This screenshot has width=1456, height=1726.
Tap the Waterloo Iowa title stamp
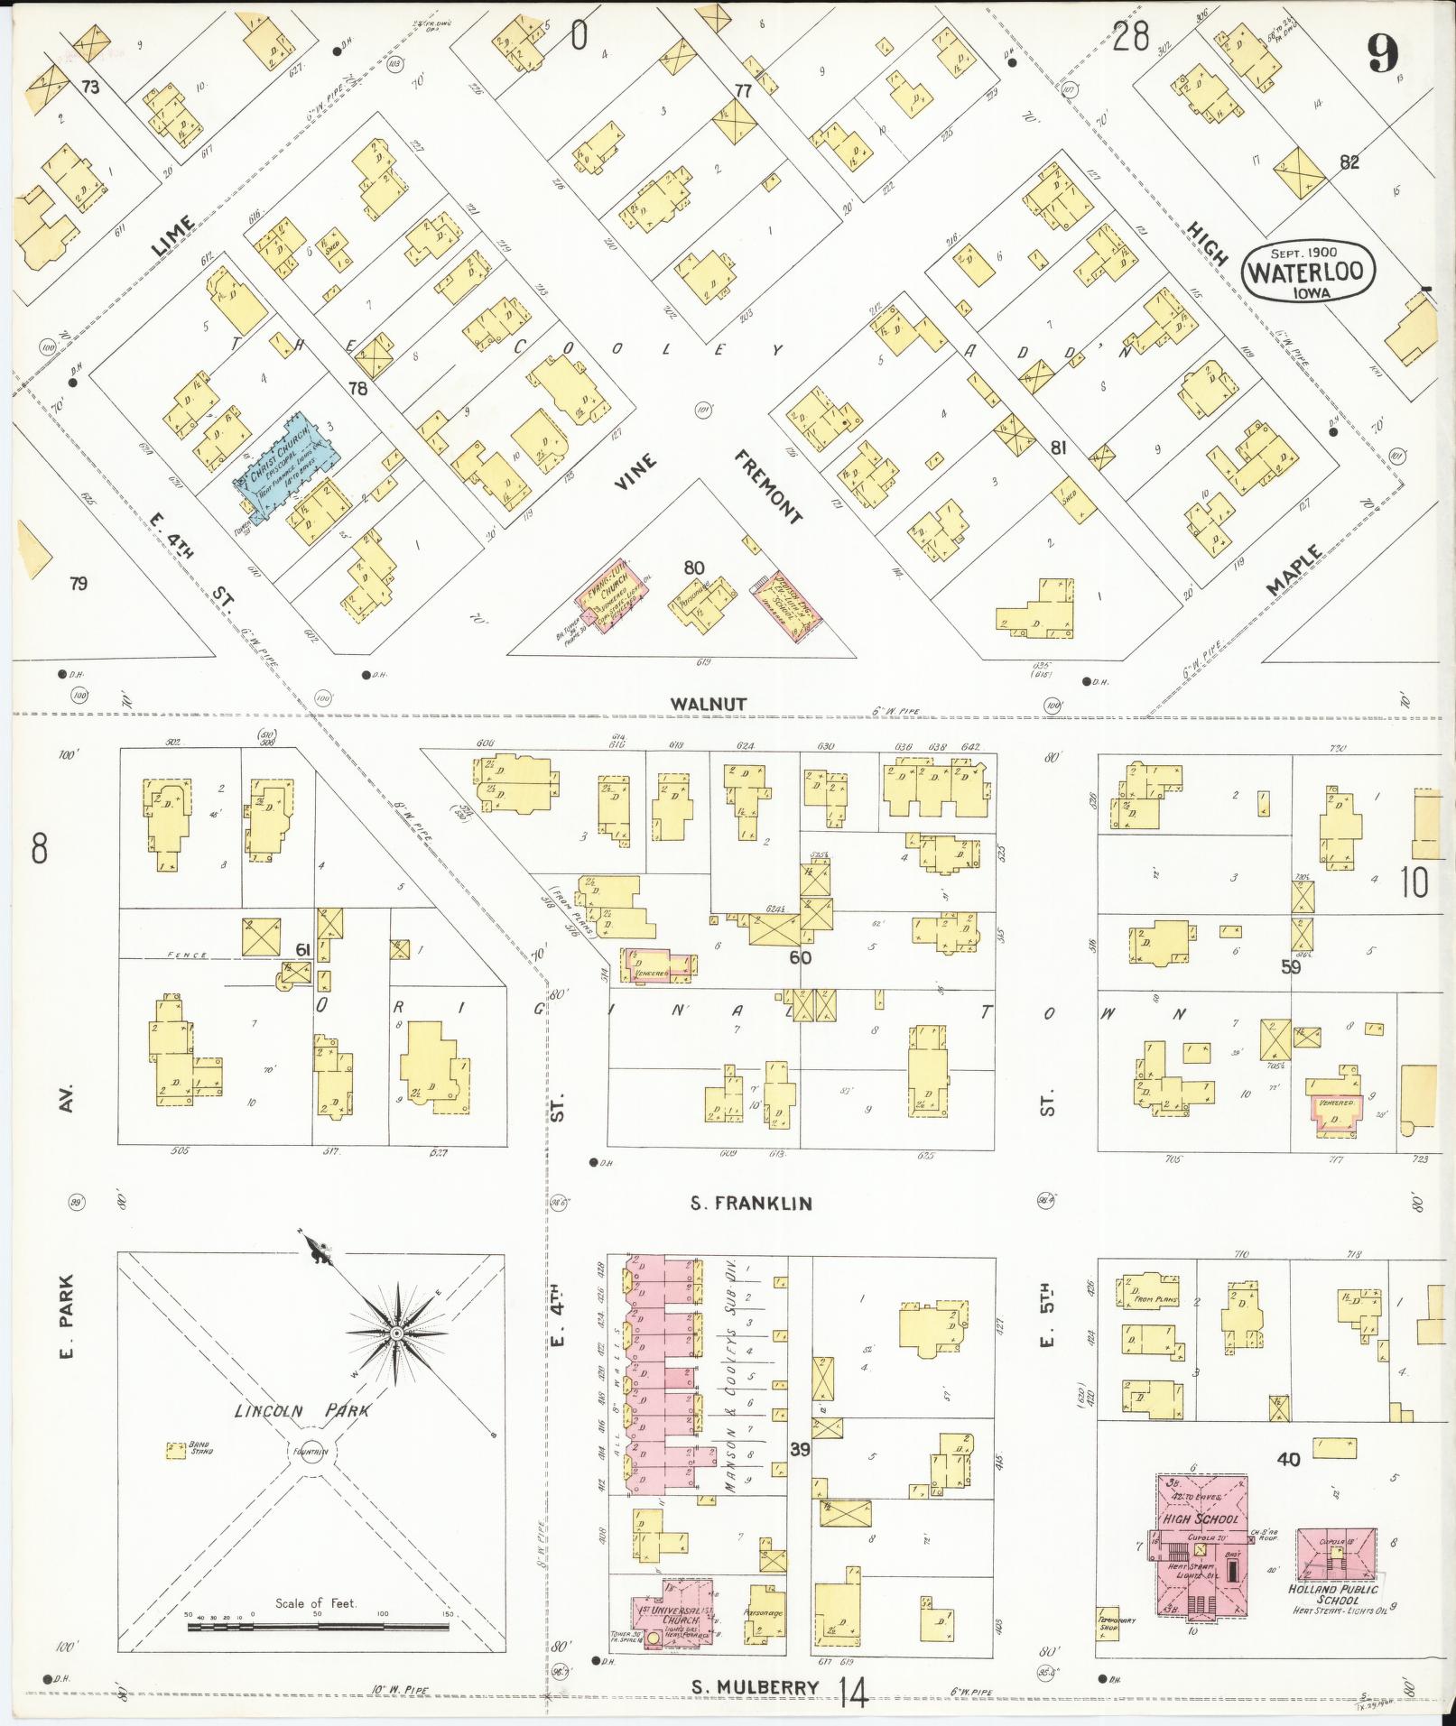click(1307, 270)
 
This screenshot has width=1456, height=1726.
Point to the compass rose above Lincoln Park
click(395, 1334)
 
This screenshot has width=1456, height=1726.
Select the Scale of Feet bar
click(318, 1627)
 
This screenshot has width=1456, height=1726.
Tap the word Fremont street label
click(766, 486)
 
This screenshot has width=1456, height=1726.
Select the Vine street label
click(635, 472)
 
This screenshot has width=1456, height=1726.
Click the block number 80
click(693, 568)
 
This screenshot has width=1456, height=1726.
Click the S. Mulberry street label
click(755, 1687)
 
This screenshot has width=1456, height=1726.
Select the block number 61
click(302, 949)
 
